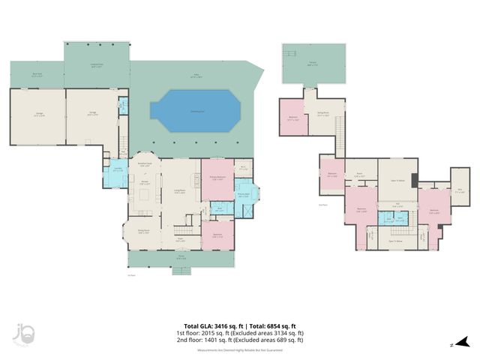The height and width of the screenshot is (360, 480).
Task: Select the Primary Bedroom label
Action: pyautogui.click(x=217, y=177)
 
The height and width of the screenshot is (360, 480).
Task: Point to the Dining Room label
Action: pyautogui.click(x=144, y=232)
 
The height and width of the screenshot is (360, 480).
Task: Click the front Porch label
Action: pyautogui.click(x=181, y=258)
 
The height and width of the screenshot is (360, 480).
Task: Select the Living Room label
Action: pyautogui.click(x=180, y=192)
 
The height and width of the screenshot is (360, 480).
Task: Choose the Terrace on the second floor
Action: pyautogui.click(x=313, y=64)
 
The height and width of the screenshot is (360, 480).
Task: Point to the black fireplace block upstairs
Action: pyautogui.click(x=415, y=184)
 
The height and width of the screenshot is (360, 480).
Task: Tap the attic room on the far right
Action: pyautogui.click(x=459, y=190)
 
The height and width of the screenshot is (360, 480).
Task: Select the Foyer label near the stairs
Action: pyautogui.click(x=181, y=239)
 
